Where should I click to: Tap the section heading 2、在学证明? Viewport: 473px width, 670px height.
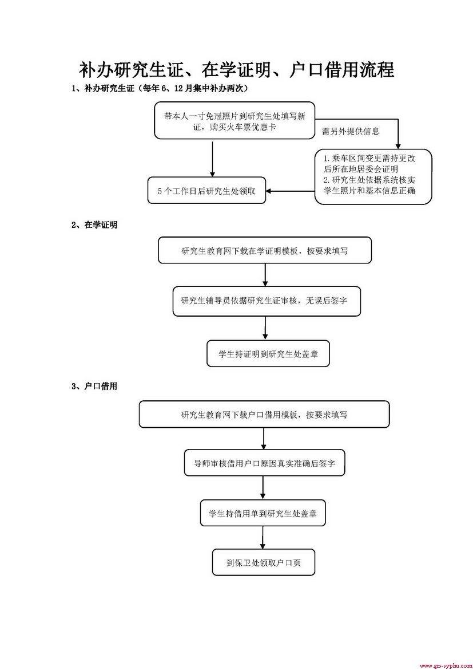(94, 225)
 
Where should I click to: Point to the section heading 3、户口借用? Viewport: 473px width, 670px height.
(94, 387)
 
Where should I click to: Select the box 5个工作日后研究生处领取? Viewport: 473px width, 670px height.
(206, 191)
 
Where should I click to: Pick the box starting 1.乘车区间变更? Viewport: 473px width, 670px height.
(373, 177)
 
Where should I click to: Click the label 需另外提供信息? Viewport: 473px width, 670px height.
(350, 131)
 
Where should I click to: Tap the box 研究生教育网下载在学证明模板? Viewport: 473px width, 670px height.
(265, 250)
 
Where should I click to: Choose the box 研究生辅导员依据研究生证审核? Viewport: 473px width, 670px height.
(267, 301)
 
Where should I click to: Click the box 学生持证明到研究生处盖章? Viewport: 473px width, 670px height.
(268, 354)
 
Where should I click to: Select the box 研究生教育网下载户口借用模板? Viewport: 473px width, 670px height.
(264, 414)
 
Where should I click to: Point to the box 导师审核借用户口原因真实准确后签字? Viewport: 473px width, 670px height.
(265, 463)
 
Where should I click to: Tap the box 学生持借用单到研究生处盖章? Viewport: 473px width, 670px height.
(263, 513)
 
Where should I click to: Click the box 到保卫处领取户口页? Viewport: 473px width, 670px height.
(263, 563)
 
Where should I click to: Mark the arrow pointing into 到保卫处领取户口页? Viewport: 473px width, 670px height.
(263, 538)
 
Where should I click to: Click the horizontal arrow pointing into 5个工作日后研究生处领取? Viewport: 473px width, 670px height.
(291, 191)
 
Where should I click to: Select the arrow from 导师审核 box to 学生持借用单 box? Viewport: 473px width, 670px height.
(263, 488)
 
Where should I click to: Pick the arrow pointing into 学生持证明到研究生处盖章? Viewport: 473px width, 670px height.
(266, 329)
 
